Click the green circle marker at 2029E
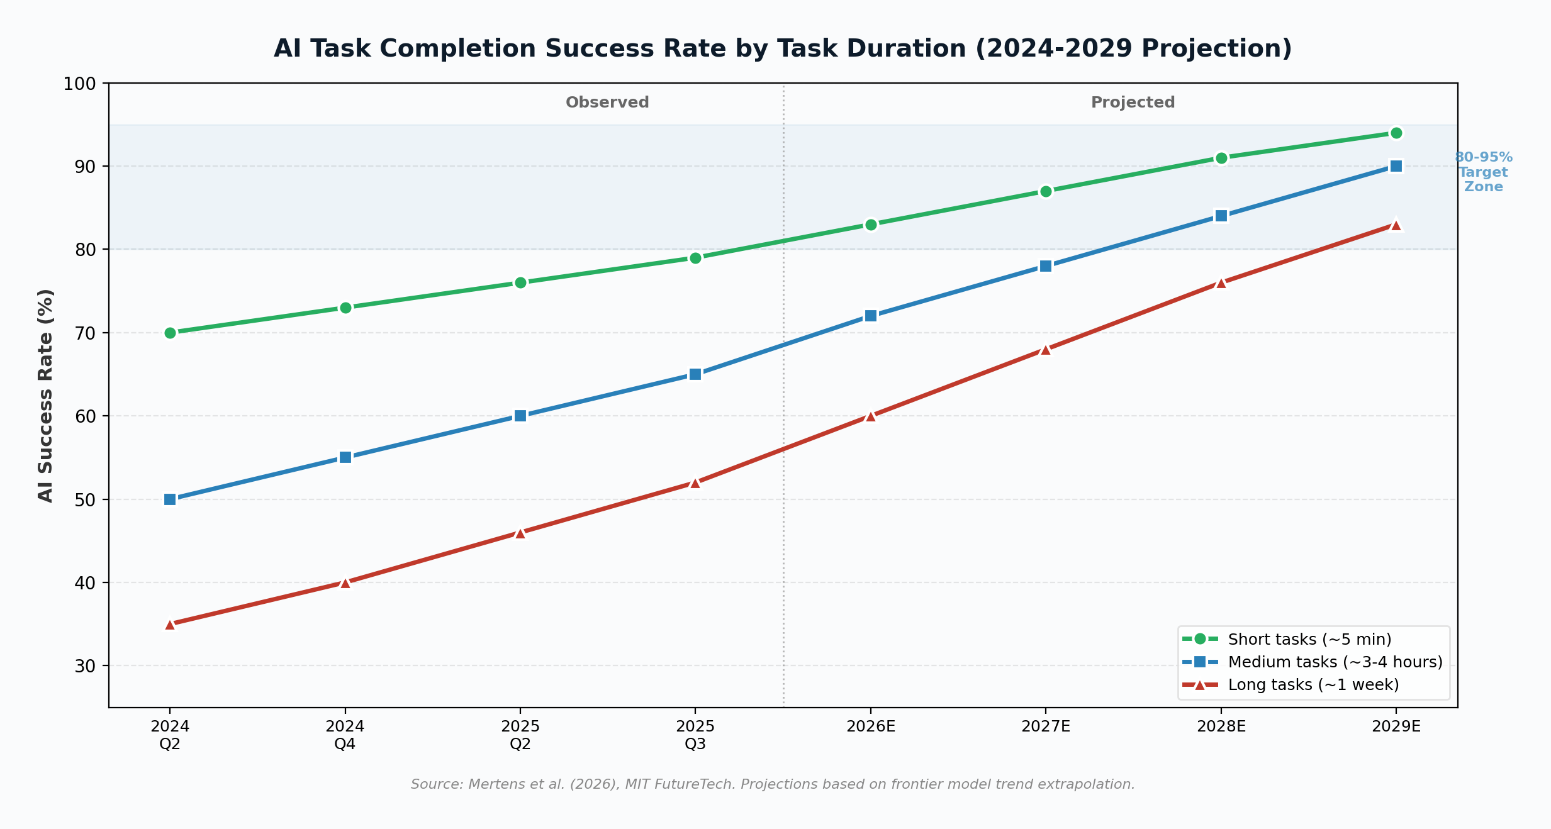pyautogui.click(x=1396, y=133)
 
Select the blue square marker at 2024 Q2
pyautogui.click(x=170, y=499)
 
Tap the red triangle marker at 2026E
pyautogui.click(x=870, y=416)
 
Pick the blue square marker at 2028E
pyautogui.click(x=1221, y=216)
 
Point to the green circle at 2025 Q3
pyautogui.click(x=695, y=258)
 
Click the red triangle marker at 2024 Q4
pyautogui.click(x=345, y=583)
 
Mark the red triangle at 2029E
pyautogui.click(x=1396, y=225)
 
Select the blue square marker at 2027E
pyautogui.click(x=1046, y=266)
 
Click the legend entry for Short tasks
pyautogui.click(x=1309, y=639)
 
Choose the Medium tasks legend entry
pyautogui.click(x=1335, y=662)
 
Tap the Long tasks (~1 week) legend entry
pyautogui.click(x=1313, y=684)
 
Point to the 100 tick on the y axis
pyautogui.click(x=79, y=84)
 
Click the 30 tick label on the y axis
pyautogui.click(x=86, y=666)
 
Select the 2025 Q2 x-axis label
pyautogui.click(x=520, y=735)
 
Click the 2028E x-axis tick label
pyautogui.click(x=1221, y=726)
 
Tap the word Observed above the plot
pyautogui.click(x=607, y=103)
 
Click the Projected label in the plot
pyautogui.click(x=1133, y=103)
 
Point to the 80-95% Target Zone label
pyautogui.click(x=1483, y=172)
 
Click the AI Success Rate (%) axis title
pyautogui.click(x=45, y=396)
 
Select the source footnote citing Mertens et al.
pyautogui.click(x=773, y=784)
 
